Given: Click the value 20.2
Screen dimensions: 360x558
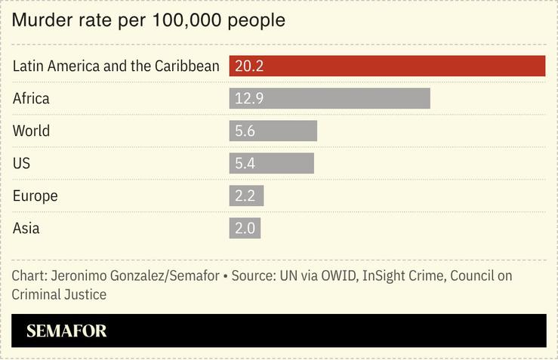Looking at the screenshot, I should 248,66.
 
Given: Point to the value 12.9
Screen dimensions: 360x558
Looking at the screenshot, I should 248,98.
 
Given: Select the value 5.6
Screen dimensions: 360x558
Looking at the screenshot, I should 245,131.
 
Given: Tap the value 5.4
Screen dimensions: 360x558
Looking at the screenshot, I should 245,163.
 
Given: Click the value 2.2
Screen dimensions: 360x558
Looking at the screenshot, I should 245,195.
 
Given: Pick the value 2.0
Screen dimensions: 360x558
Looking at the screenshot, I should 245,228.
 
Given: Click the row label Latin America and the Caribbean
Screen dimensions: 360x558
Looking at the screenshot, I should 116,66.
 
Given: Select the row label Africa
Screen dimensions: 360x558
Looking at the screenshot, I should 31,98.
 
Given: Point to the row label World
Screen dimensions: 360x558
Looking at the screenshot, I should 31,131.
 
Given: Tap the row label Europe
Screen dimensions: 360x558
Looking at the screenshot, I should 35,195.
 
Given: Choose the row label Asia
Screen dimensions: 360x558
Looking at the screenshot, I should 26,228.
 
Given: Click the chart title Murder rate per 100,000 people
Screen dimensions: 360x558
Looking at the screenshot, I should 148,20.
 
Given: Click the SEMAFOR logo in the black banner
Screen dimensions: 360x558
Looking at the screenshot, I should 66,331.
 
